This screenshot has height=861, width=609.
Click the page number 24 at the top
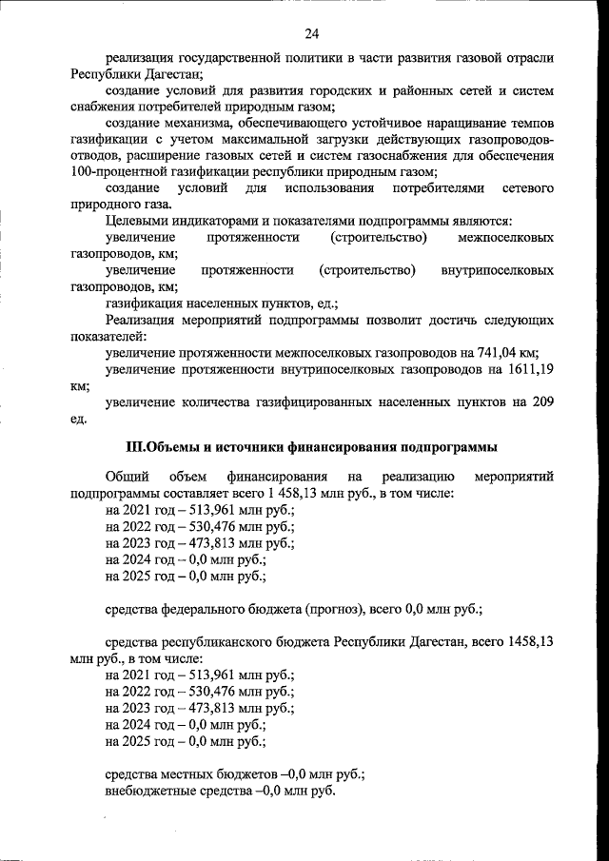click(311, 34)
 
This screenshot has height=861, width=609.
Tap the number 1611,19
click(523, 369)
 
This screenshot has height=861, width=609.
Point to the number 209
click(541, 402)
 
